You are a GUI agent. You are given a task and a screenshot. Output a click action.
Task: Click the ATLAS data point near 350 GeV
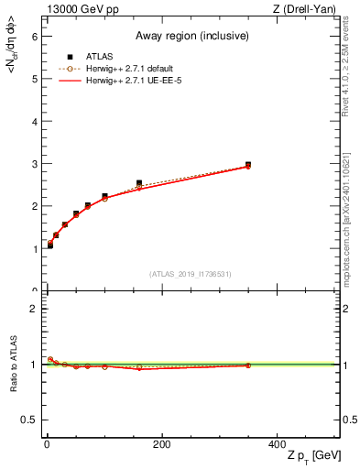click(248, 165)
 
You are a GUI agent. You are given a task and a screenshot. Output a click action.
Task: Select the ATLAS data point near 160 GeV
click(139, 183)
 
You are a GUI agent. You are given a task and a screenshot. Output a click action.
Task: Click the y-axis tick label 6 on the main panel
click(34, 37)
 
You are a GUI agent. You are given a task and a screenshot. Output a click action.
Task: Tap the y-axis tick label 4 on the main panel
click(34, 121)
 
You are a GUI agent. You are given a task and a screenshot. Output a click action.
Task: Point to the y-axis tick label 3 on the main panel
click(34, 164)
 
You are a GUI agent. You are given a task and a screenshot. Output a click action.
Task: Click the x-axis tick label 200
click(161, 444)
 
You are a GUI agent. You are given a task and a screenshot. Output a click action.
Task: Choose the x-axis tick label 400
click(276, 444)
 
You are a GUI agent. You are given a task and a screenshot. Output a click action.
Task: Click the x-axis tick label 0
click(47, 444)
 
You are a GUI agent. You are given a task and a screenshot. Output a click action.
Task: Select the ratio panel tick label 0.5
click(29, 420)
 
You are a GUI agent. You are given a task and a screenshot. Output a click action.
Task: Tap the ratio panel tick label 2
click(34, 309)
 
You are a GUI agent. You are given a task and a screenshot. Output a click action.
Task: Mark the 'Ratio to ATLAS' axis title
click(13, 364)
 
